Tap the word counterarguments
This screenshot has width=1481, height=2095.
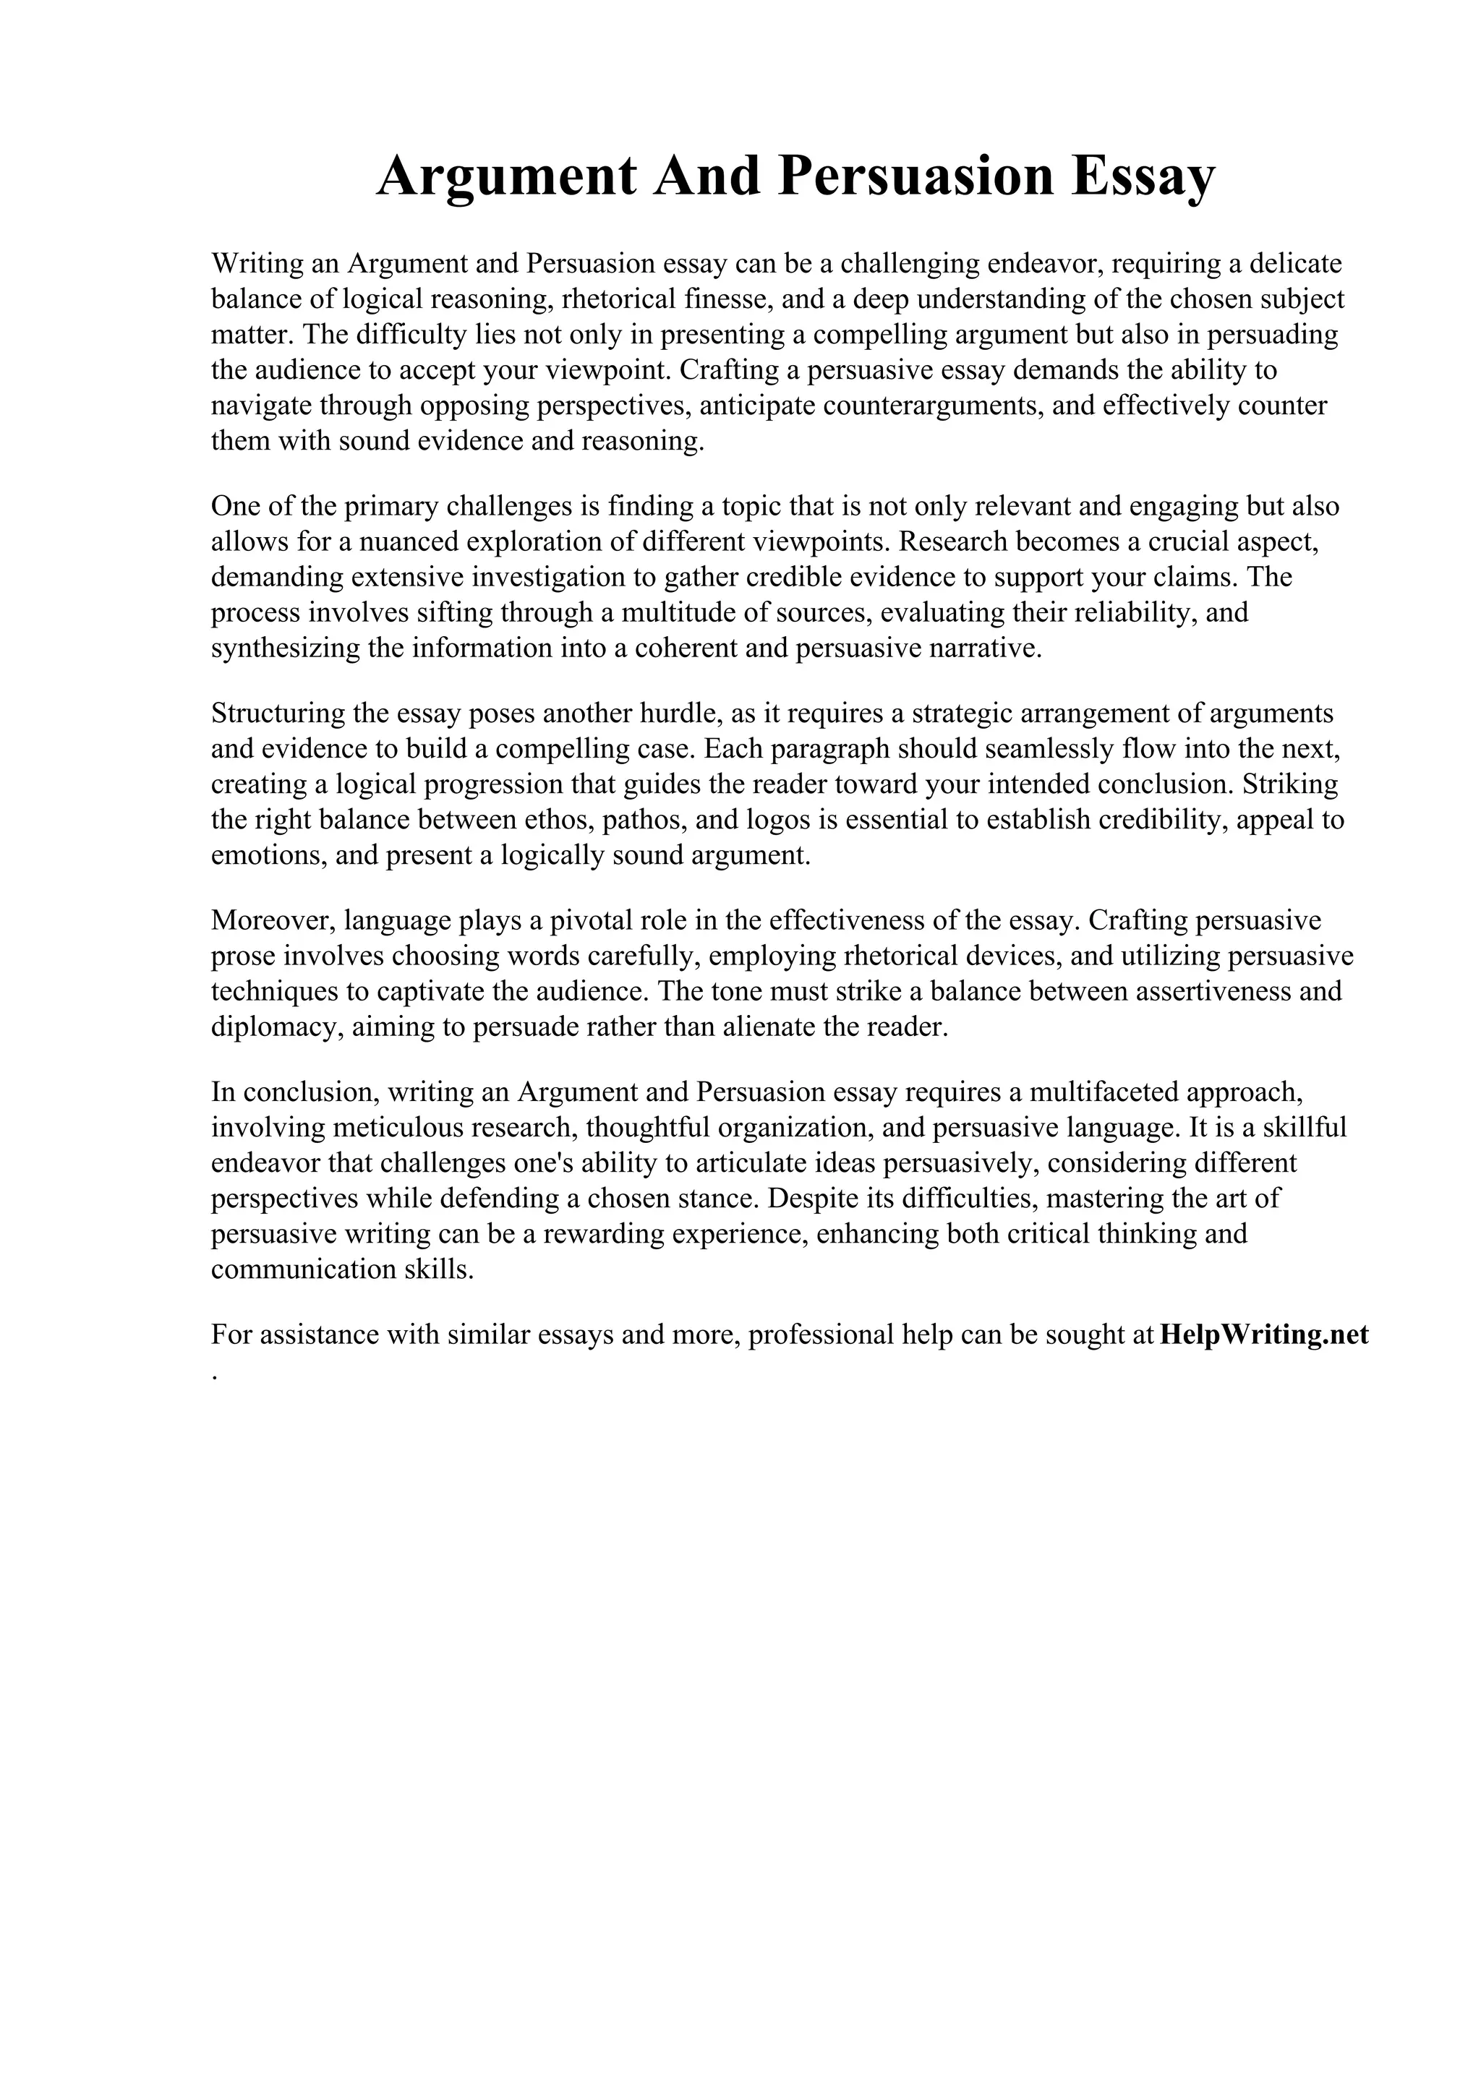click(933, 406)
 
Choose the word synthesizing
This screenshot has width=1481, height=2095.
click(285, 648)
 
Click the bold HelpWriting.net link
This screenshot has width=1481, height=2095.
click(1266, 1335)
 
